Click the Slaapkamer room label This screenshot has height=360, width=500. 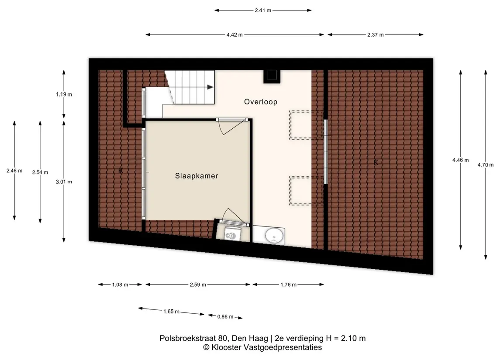(x=197, y=175)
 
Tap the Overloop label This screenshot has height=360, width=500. (x=261, y=102)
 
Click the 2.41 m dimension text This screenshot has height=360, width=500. (x=263, y=10)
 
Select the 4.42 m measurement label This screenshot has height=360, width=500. (x=234, y=35)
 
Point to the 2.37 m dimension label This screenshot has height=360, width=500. (x=375, y=35)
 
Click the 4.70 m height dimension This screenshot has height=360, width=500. (x=485, y=165)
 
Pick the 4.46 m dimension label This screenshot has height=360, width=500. (x=460, y=160)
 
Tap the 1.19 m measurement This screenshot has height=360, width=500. (x=64, y=94)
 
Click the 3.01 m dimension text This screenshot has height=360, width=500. (x=64, y=182)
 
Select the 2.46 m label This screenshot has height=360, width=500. (x=14, y=171)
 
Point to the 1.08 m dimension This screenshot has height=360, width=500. (x=120, y=285)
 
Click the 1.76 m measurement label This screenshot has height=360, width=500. (x=288, y=285)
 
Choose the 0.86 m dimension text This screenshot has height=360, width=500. (x=225, y=317)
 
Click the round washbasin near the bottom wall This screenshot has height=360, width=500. (x=274, y=236)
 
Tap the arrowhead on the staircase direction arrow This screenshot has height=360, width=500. (x=210, y=87)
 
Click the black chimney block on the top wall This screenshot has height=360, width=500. (x=272, y=76)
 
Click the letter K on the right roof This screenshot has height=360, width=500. (x=376, y=162)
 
